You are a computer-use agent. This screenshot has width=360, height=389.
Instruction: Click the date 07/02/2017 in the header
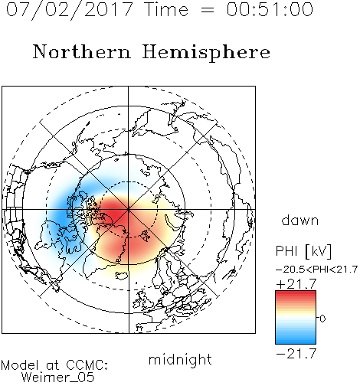tap(70, 9)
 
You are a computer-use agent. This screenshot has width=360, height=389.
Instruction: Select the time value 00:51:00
tap(270, 9)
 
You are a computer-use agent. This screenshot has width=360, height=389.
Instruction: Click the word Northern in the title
tap(82, 51)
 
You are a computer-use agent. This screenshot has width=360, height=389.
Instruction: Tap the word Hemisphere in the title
tap(206, 52)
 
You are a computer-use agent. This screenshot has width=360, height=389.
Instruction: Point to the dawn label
tap(300, 220)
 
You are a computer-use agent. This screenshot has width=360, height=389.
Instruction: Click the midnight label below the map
tap(180, 359)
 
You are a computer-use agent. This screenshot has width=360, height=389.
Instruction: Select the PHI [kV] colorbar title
tap(303, 251)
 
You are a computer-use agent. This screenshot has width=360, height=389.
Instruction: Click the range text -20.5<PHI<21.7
tap(316, 270)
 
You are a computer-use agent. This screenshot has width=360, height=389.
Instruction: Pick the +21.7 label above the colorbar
tap(296, 284)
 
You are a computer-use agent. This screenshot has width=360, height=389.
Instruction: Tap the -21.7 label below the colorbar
tap(296, 354)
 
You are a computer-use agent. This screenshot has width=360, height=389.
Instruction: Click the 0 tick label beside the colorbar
tap(322, 319)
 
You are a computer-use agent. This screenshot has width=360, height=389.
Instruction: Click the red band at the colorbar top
tap(296, 295)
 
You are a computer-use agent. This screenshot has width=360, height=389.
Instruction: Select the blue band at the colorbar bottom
tap(296, 339)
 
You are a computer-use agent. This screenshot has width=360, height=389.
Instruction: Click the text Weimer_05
tap(58, 378)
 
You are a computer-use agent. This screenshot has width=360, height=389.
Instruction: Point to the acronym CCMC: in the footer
tap(87, 365)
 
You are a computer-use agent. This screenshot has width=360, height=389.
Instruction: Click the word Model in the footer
tap(20, 365)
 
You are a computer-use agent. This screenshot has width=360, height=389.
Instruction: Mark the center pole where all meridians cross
tap(129, 210)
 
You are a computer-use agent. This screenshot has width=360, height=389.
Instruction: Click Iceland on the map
tap(122, 275)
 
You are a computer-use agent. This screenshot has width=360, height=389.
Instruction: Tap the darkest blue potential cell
tap(61, 213)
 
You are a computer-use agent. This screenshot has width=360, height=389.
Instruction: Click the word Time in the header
tap(166, 9)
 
